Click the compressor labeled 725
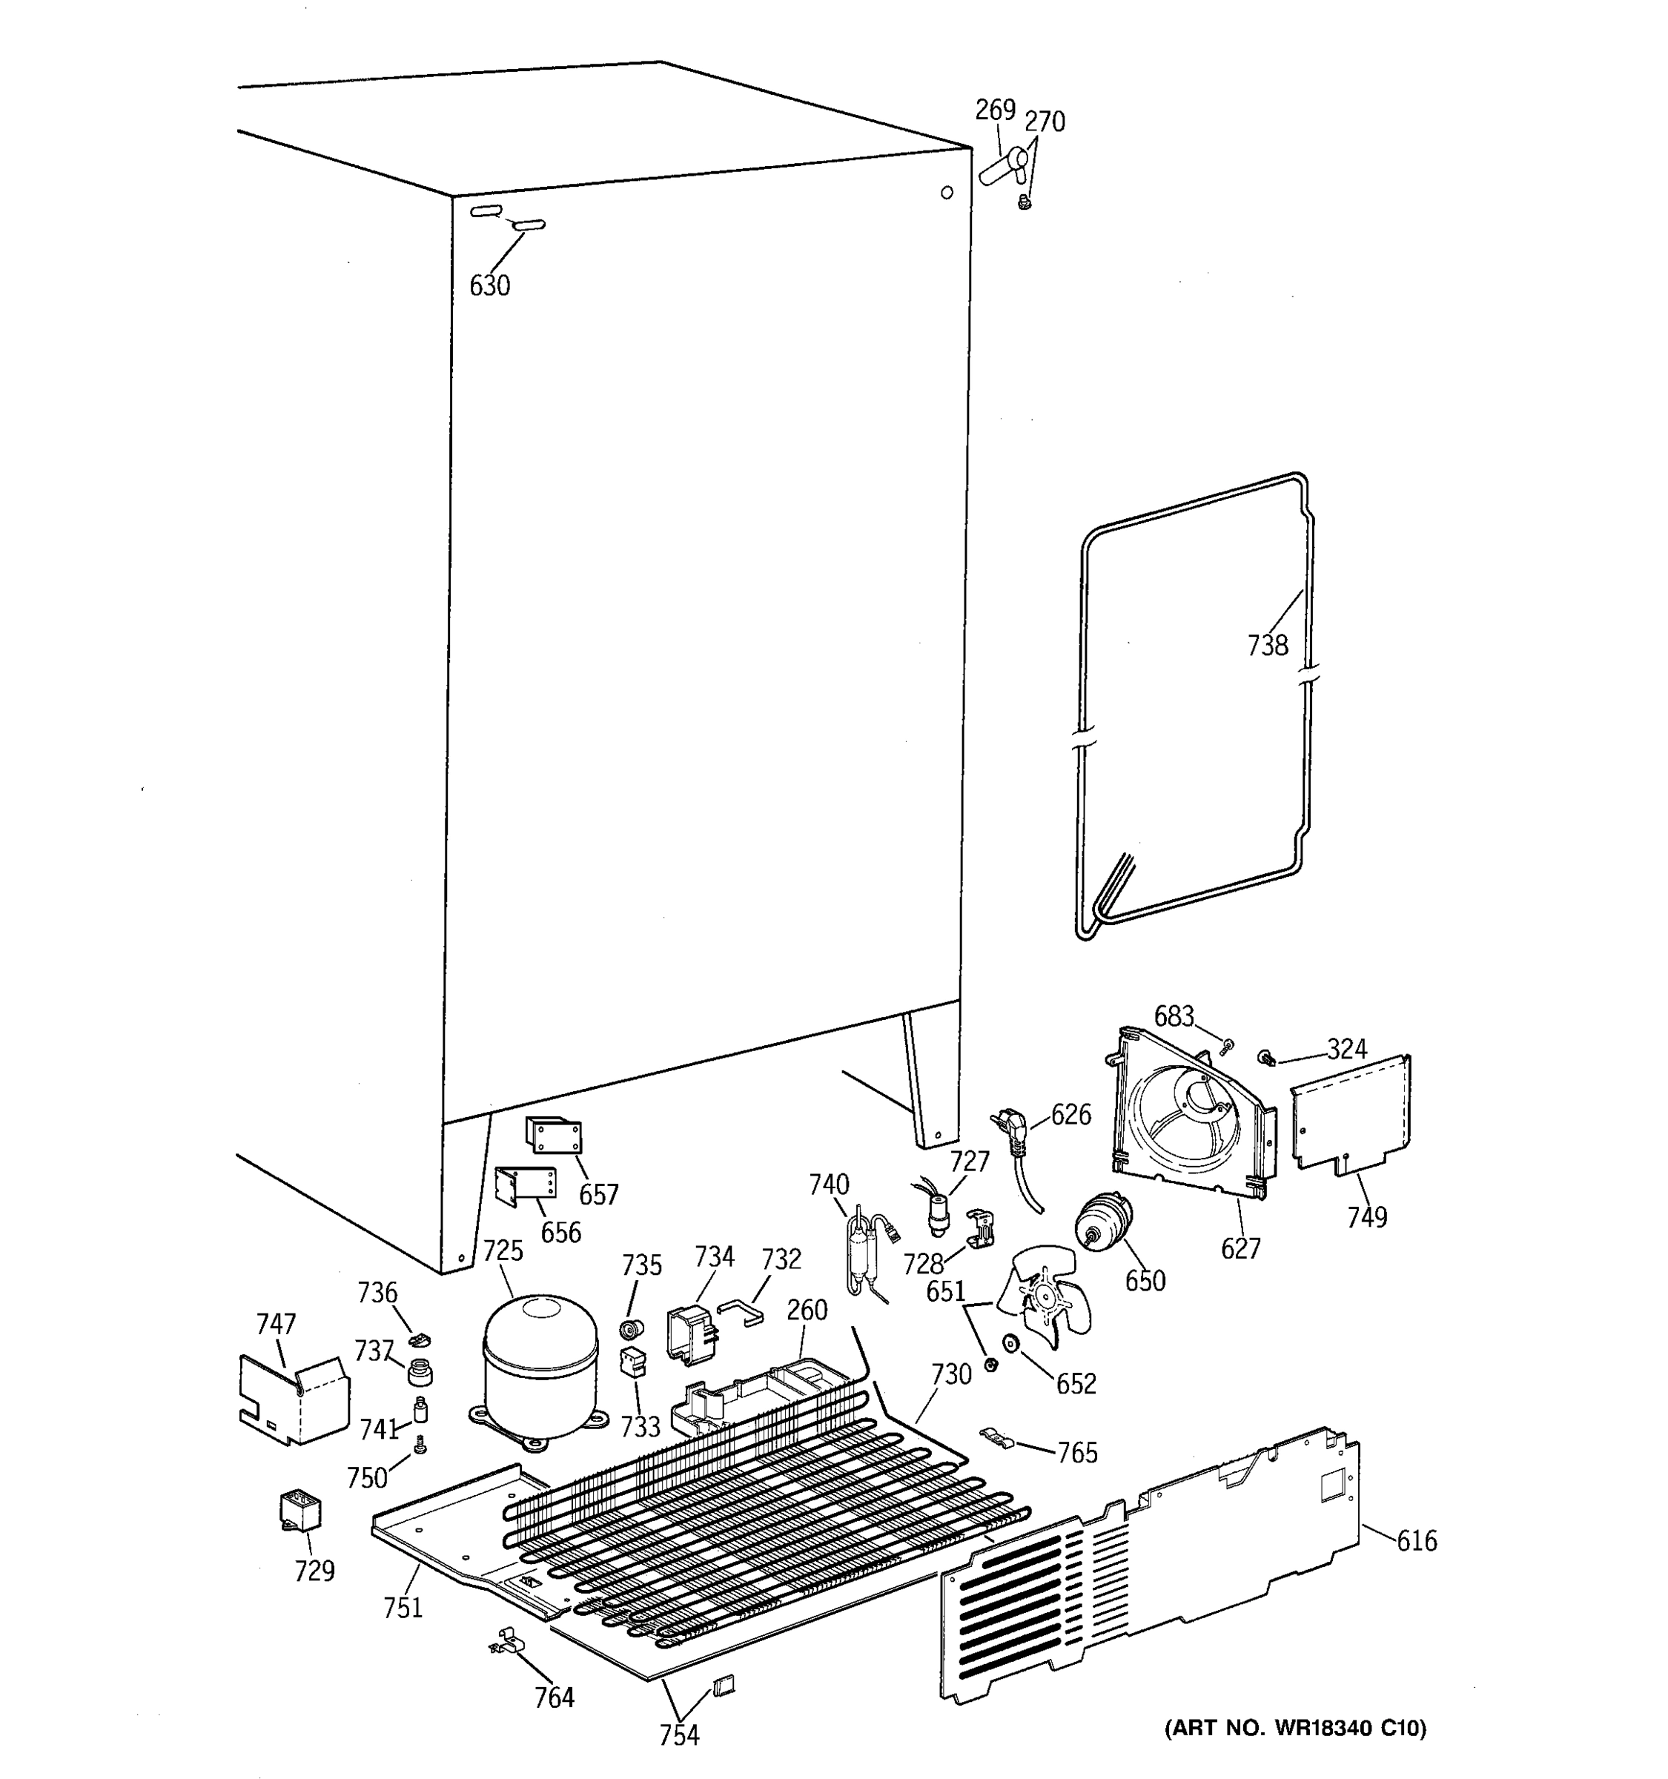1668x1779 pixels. point(540,1366)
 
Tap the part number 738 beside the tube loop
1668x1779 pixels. point(1267,645)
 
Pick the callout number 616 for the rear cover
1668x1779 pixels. point(1417,1540)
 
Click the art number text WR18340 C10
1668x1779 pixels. point(1295,1728)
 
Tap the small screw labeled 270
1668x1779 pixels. point(1025,204)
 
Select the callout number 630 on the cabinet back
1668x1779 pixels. point(489,285)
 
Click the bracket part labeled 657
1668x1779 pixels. point(553,1136)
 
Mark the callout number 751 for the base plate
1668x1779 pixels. point(403,1607)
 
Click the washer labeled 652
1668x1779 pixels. point(1012,1343)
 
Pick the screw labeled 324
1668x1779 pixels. point(1266,1059)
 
